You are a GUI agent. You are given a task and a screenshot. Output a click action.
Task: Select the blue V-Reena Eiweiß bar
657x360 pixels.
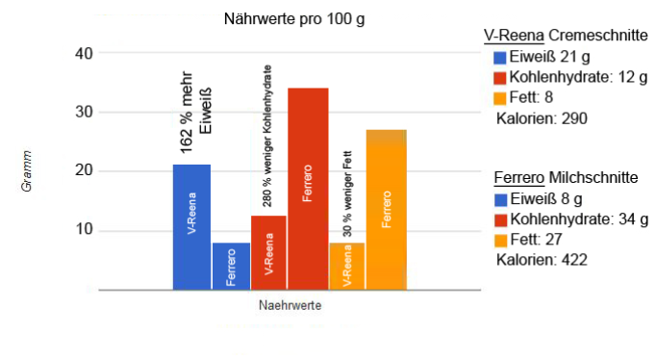(191, 226)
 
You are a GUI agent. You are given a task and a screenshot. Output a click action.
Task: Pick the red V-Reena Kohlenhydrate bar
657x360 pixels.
(269, 252)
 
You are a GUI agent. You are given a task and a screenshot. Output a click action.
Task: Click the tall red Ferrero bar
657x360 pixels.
(308, 188)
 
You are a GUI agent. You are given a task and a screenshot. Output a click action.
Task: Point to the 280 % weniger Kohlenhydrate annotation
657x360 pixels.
(268, 141)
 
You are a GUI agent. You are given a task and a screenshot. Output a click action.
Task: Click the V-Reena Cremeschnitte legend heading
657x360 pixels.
(565, 36)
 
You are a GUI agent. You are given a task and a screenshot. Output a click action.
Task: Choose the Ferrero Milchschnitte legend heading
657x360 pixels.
(565, 178)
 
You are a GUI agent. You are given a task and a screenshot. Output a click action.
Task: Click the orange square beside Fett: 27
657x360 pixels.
(499, 240)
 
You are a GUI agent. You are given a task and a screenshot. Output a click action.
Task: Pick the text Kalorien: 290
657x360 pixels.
(542, 118)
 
